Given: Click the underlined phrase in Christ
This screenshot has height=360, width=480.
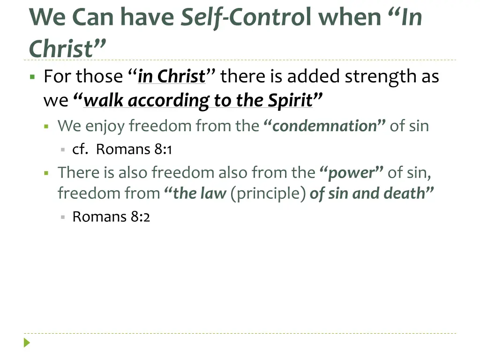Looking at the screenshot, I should [172, 76].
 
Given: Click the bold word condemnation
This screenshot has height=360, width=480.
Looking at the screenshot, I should [324, 126].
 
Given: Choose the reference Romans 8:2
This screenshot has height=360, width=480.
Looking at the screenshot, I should [111, 217].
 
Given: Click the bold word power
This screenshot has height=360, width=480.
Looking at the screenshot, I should [352, 173].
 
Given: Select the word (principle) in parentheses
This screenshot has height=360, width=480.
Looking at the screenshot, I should [268, 194].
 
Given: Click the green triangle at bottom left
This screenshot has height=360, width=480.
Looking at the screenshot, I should [27, 343].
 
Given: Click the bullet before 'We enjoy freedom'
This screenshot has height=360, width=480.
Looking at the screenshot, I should [47, 126].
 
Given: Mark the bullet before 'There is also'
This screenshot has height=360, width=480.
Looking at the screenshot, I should [47, 173].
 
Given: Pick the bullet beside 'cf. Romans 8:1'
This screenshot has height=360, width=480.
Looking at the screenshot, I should [62, 150].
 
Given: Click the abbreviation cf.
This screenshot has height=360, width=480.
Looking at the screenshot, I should [80, 150].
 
